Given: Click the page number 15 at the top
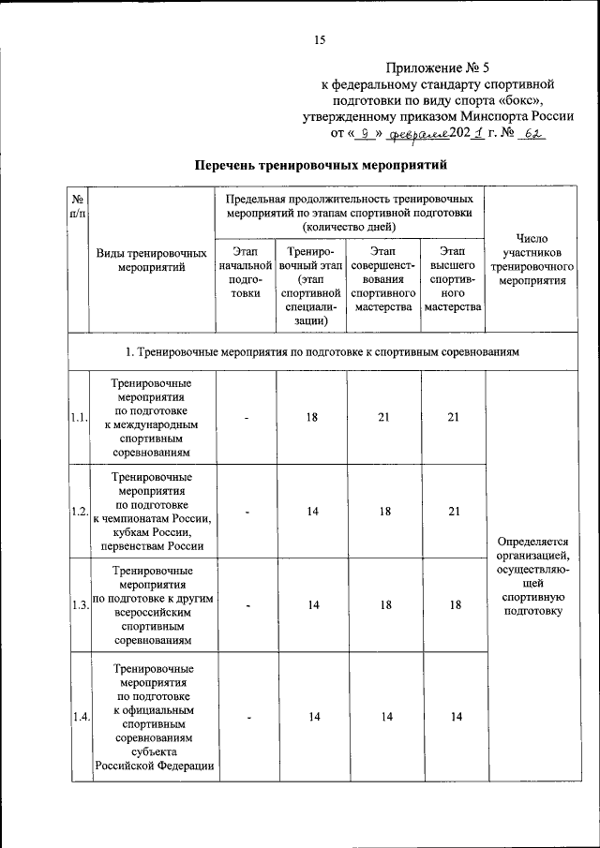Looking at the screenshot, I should pos(319,39).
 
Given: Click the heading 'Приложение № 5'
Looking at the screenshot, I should pos(439,68).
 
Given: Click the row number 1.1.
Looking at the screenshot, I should pos(78,418).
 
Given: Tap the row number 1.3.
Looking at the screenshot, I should pos(78,605).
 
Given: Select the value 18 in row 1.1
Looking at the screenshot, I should pos(311,418).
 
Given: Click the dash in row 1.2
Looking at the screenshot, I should pos(246,512).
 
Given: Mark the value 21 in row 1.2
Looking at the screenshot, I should pos(454,512).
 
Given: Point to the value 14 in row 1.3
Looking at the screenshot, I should pos(311,605).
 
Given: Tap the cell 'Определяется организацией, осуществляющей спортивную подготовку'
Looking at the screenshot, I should pos(532,576).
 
